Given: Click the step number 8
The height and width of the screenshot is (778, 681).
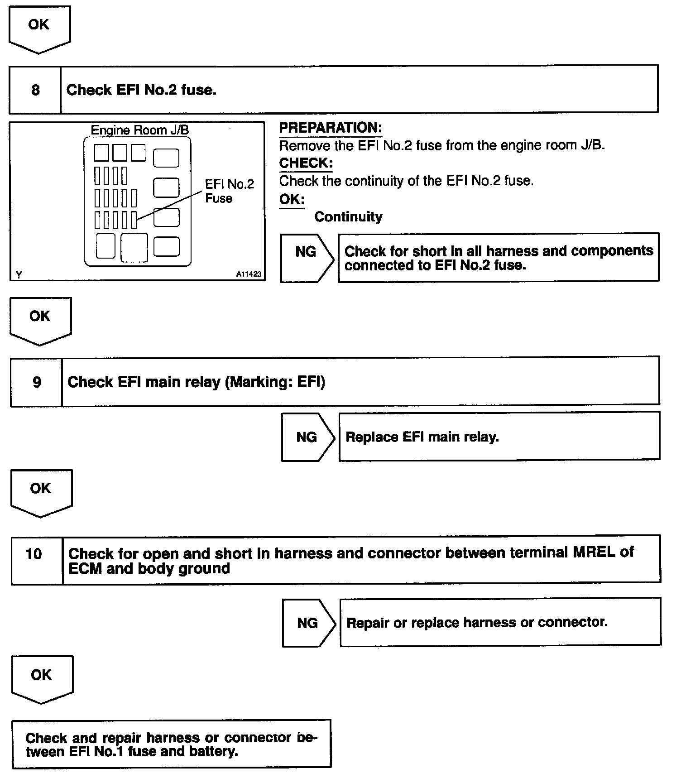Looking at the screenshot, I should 35,90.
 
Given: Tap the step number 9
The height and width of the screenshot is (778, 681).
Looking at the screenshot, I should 37,382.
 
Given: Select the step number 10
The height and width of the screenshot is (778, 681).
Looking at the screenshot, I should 34,553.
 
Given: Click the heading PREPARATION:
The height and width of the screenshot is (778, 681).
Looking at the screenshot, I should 330,128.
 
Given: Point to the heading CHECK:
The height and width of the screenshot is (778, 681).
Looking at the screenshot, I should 306,163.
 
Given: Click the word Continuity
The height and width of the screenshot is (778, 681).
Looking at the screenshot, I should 348,217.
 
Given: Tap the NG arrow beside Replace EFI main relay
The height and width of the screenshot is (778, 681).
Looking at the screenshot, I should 307,437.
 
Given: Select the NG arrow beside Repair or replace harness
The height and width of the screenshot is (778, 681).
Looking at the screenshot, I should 308,623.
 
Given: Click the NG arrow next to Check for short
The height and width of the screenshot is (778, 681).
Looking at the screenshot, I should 306,252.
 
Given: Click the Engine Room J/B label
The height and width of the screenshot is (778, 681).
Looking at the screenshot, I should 139,130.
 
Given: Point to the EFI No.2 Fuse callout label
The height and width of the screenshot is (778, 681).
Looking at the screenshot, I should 229,191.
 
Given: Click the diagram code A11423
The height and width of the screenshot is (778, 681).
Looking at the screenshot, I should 249,274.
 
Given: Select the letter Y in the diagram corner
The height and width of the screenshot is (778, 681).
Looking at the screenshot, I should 19,274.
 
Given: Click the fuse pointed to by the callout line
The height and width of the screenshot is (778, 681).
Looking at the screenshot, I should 134,220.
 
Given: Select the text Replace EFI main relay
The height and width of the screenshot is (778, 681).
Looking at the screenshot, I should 422,437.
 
